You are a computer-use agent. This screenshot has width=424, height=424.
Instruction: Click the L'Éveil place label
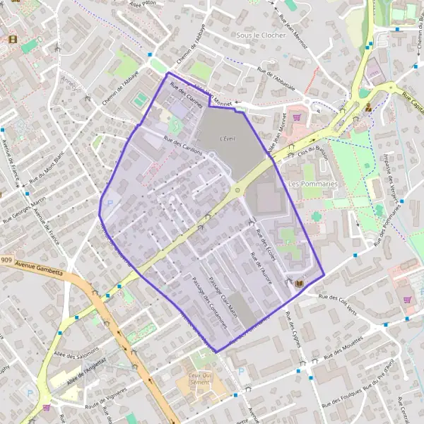click(228, 138)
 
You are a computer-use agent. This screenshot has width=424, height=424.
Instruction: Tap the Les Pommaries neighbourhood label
click(314, 184)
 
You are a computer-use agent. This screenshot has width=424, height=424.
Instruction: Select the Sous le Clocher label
click(261, 35)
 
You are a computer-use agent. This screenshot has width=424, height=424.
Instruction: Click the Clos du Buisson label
click(314, 150)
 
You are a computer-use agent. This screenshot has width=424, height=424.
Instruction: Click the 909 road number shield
click(6, 260)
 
